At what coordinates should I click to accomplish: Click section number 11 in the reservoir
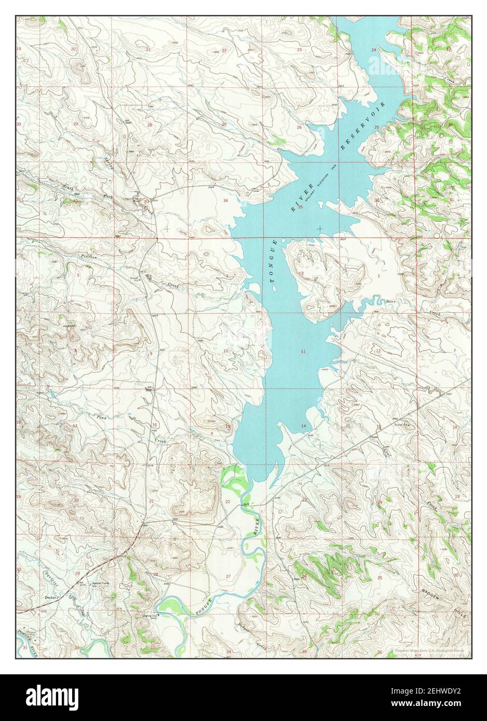tap(302, 352)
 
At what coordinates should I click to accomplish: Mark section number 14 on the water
tap(303, 426)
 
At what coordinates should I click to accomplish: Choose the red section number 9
tap(151, 354)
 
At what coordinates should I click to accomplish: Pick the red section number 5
tap(78, 275)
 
